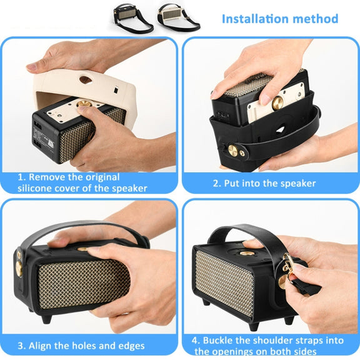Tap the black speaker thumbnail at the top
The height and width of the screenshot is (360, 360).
[x=132, y=18]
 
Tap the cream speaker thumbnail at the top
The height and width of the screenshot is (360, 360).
[x=178, y=17]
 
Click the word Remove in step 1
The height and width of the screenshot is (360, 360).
[x=46, y=177]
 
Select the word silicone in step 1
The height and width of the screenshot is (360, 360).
[x=34, y=188]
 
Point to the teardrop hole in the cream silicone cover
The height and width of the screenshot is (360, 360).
[x=86, y=79]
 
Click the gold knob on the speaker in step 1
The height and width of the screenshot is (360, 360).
[x=84, y=104]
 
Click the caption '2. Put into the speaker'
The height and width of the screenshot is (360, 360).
[x=264, y=183]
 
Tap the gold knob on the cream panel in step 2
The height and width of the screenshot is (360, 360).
[x=277, y=102]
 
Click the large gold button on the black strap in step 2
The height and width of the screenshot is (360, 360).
[x=232, y=151]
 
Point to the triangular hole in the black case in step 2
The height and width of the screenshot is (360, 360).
[x=281, y=131]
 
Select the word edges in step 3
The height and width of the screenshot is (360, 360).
[x=131, y=346]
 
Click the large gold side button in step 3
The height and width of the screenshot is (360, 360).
[x=19, y=268]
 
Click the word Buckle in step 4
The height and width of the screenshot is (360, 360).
[x=218, y=341]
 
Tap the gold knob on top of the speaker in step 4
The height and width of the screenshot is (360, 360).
[x=247, y=253]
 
